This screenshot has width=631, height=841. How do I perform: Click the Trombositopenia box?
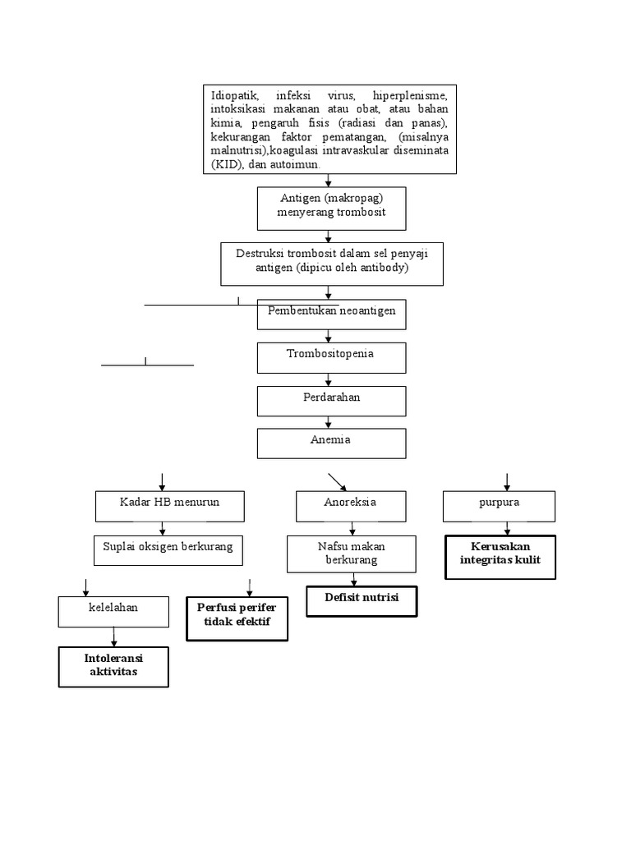pos(331,357)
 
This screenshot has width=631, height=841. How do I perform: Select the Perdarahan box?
pos(331,401)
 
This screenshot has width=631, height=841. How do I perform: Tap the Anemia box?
pos(331,443)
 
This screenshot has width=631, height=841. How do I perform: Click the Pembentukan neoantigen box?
pos(331,314)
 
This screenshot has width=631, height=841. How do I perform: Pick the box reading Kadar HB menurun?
pos(169,506)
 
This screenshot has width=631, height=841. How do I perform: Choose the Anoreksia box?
pos(351,506)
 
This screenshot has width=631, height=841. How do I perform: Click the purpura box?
pos(499,506)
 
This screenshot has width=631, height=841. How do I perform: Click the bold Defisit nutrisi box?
pos(362,601)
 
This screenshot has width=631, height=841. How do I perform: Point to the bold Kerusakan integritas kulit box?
pos(500,557)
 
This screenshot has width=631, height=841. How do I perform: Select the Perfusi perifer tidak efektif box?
pos(237,618)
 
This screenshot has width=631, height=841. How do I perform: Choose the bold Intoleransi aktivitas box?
pos(113,666)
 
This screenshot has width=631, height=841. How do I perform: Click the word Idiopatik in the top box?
pos(236,97)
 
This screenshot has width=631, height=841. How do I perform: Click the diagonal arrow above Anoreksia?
pos(337,481)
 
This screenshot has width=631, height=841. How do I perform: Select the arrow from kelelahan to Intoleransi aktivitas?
pos(113,636)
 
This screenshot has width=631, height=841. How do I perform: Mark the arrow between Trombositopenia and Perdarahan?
pos(329,379)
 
